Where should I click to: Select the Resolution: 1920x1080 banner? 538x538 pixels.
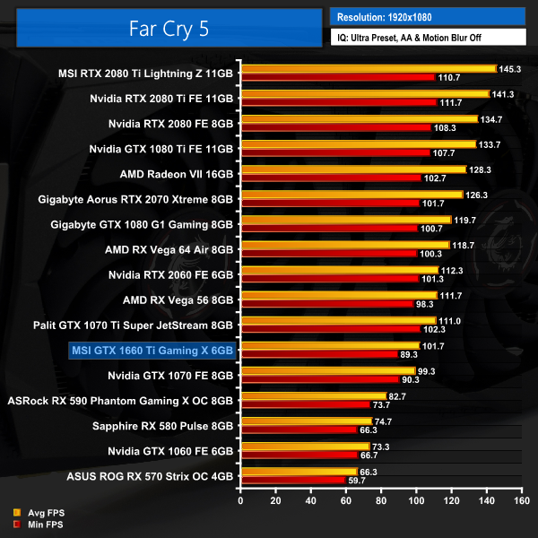427,16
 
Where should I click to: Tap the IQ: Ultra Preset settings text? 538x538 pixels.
427,38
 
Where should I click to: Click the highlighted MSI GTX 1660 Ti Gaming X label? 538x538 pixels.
152,350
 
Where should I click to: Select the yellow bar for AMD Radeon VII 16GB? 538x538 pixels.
352,169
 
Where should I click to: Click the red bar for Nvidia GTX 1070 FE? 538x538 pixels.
318,379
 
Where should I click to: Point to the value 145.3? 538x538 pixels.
510,68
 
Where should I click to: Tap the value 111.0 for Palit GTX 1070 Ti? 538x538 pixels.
450,320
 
